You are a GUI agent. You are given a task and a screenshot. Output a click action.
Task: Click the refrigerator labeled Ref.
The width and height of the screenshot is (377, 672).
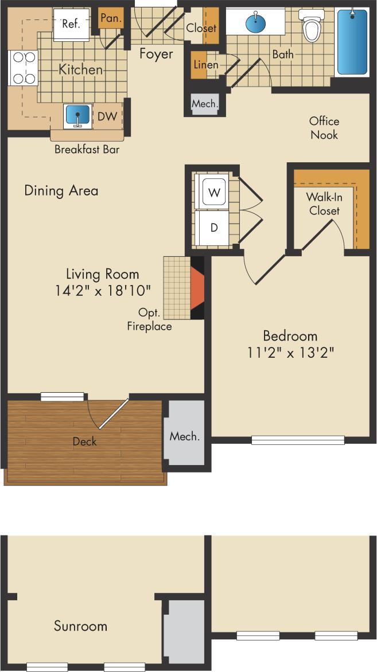pyautogui.click(x=72, y=25)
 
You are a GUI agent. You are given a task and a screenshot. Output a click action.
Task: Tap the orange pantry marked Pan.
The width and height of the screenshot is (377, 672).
pyautogui.click(x=108, y=18)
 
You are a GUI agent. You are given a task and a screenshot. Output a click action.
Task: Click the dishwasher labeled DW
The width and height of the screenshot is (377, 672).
pyautogui.click(x=107, y=116)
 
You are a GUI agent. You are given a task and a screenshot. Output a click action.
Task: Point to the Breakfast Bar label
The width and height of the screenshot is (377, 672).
pyautogui.click(x=87, y=150)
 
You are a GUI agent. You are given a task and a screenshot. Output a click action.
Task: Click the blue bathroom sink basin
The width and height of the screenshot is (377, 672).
pyautogui.click(x=255, y=23)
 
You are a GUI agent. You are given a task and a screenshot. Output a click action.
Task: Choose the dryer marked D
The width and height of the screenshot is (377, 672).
pyautogui.click(x=213, y=227)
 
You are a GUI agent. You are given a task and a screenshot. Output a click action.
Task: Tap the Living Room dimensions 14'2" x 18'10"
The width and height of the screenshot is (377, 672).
pyautogui.click(x=102, y=291)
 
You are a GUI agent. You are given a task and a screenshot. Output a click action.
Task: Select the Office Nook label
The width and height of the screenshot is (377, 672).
pyautogui.click(x=324, y=128)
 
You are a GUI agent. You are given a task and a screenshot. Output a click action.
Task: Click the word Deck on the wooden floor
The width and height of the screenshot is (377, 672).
pyautogui.click(x=84, y=441)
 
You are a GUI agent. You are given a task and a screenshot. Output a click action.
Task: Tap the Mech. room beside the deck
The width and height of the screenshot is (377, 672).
pyautogui.click(x=185, y=436)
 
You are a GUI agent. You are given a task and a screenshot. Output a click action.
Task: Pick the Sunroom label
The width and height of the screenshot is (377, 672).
pyautogui.click(x=80, y=626)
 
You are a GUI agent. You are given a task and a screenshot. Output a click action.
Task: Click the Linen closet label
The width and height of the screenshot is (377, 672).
pyautogui.click(x=205, y=65)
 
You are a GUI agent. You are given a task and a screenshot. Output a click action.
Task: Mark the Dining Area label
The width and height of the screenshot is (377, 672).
pyautogui.click(x=61, y=190)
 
